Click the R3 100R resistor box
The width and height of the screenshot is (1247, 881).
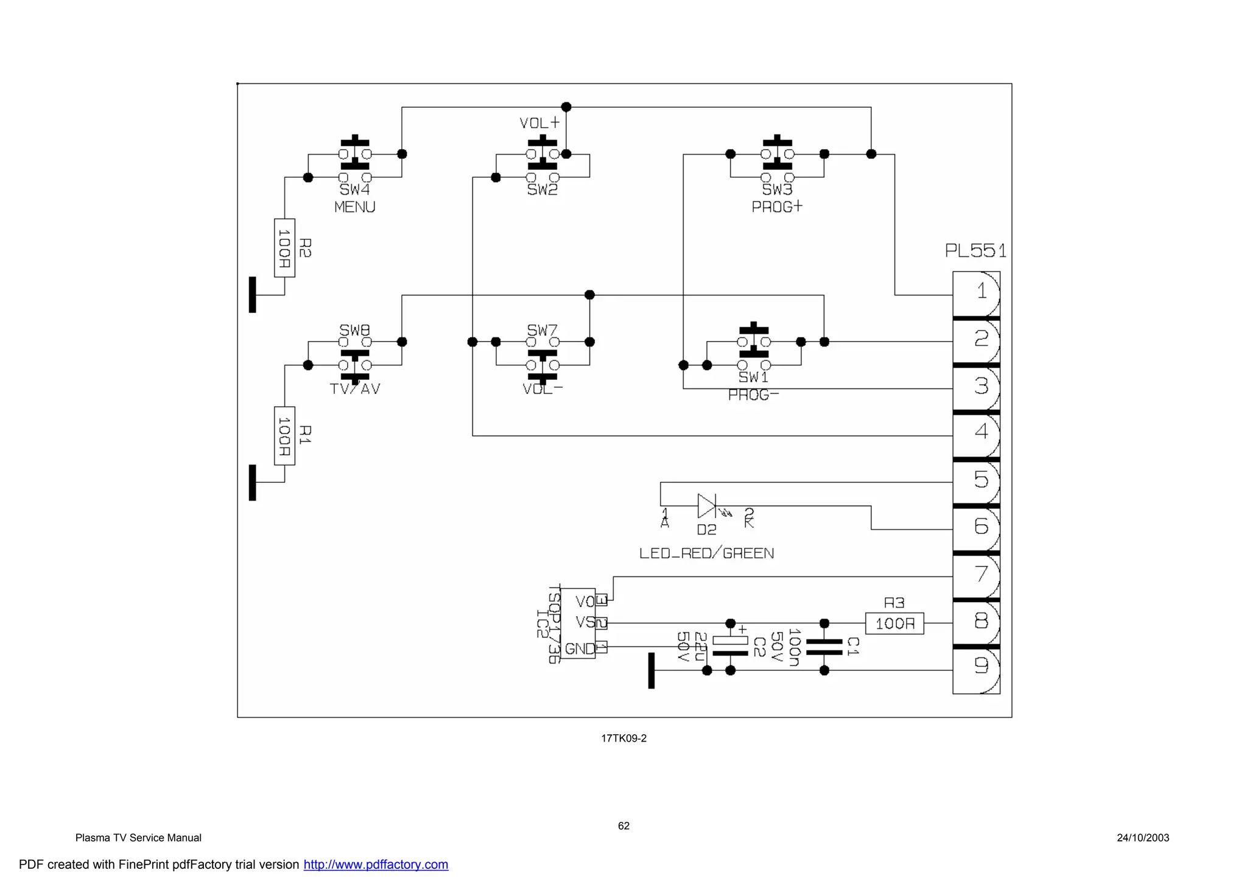point(894,623)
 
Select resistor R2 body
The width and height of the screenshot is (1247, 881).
point(284,248)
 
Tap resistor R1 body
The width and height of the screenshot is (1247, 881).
point(284,436)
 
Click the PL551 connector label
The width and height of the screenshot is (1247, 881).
point(975,251)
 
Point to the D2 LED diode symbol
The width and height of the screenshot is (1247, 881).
point(707,506)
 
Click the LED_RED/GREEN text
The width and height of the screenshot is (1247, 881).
point(706,553)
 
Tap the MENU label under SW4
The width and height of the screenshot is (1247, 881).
point(354,207)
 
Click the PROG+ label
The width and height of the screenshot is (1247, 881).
point(777,207)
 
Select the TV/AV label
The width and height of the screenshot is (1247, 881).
point(354,389)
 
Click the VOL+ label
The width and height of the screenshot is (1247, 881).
point(539,123)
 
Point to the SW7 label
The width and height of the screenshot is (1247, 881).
point(542,330)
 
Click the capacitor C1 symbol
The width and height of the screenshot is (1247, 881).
point(824,647)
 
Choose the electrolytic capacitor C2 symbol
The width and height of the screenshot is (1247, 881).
point(730,647)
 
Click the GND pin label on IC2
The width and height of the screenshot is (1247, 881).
point(578,648)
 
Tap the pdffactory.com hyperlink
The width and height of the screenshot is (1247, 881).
point(376,865)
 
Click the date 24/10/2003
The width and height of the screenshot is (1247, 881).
point(1142,838)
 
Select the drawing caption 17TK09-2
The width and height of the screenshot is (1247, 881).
point(623,739)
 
